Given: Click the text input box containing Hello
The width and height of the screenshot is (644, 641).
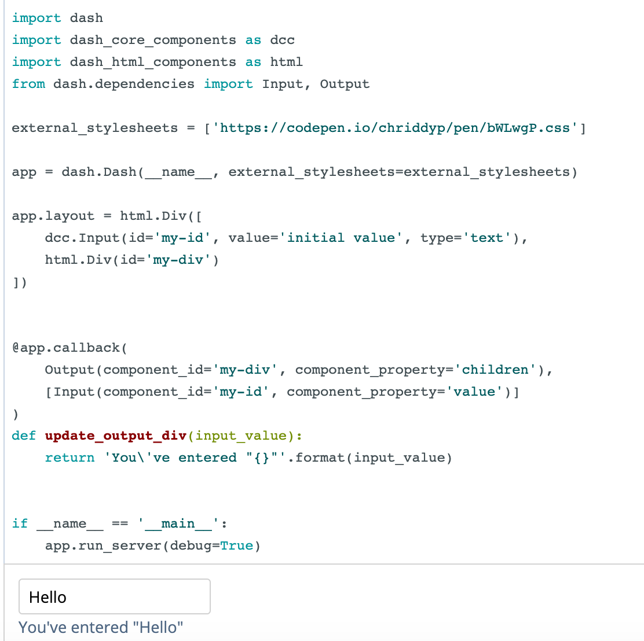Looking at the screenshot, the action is pos(115,596).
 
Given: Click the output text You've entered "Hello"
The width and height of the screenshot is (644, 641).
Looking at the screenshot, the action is pos(101,628).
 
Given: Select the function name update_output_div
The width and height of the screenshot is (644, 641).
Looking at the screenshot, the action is pos(116,436).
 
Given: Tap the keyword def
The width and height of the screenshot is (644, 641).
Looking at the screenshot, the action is pos(24,436).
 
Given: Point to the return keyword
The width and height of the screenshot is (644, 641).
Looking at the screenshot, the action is pos(70,458).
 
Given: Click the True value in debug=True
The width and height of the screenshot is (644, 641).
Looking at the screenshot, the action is pos(236,546).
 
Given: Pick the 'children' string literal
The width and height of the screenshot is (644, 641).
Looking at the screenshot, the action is pos(495,370).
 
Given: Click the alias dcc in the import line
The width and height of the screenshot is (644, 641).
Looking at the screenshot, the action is pos(283,40).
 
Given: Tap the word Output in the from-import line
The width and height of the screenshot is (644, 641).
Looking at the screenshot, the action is pos(345,84).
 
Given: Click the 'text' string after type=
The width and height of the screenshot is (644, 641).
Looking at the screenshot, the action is pos(486,238).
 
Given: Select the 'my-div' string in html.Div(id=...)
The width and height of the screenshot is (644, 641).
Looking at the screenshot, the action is pos(178,260).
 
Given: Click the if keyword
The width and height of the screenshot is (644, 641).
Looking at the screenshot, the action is pos(20,523).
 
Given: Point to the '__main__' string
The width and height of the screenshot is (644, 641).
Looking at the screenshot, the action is pos(178,524).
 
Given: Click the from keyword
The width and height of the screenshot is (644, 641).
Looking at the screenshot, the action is pos(28,84).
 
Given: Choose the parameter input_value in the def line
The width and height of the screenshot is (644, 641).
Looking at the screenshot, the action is pos(241,436).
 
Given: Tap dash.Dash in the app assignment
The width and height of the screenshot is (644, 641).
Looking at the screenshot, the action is pos(99,172).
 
